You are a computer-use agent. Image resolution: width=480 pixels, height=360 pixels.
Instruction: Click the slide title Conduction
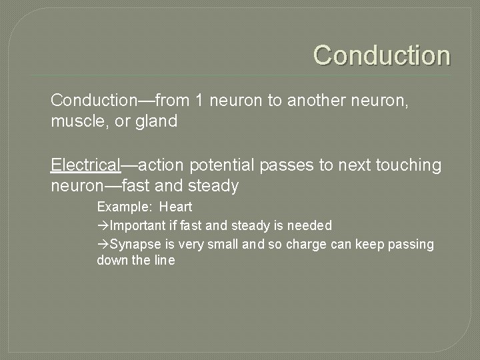pyautogui.click(x=382, y=55)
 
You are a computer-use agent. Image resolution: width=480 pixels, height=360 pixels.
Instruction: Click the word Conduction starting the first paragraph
pyautogui.click(x=93, y=101)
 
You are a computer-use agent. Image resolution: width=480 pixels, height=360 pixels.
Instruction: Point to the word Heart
pyautogui.click(x=175, y=207)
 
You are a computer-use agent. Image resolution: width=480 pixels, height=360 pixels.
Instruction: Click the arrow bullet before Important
pyautogui.click(x=103, y=226)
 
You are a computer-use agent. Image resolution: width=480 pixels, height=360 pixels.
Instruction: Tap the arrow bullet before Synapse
pyautogui.click(x=103, y=245)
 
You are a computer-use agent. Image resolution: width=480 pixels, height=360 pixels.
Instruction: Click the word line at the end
pyautogui.click(x=163, y=261)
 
